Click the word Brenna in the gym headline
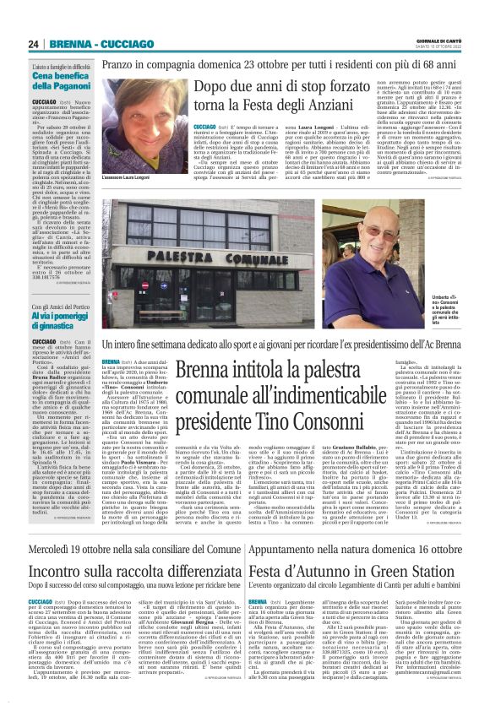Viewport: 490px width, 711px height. [x=199, y=370]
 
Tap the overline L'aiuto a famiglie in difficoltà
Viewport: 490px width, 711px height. [x=60, y=66]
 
